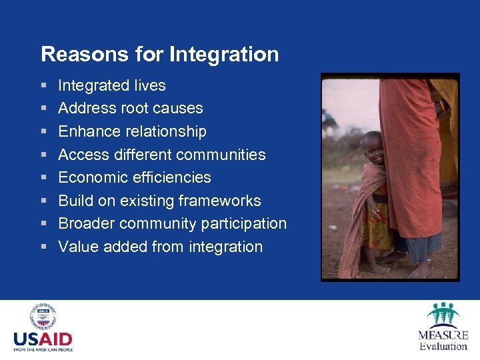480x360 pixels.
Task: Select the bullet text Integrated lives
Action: click(112, 85)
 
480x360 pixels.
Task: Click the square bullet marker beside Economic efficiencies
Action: click(43, 178)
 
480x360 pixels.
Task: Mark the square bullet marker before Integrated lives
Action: click(43, 86)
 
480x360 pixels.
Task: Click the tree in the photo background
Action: click(329, 124)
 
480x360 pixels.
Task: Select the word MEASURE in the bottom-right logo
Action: click(443, 335)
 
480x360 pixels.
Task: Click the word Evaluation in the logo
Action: click(443, 345)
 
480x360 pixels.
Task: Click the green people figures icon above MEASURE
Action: click(443, 314)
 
